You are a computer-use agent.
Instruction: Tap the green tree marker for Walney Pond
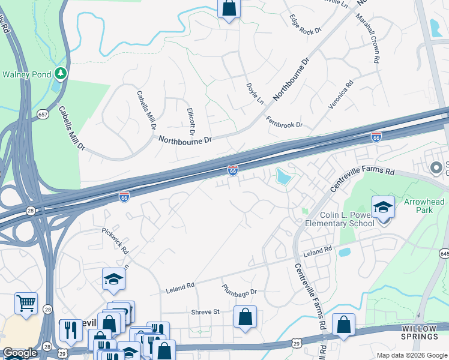(60, 73)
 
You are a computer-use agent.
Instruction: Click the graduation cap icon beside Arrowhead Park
(383, 208)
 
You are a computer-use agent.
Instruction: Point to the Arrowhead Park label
(424, 206)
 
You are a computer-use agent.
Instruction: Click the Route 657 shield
(43, 114)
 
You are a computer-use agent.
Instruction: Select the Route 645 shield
(444, 254)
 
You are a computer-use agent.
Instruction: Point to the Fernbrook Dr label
(285, 122)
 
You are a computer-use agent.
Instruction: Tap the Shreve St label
(206, 311)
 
